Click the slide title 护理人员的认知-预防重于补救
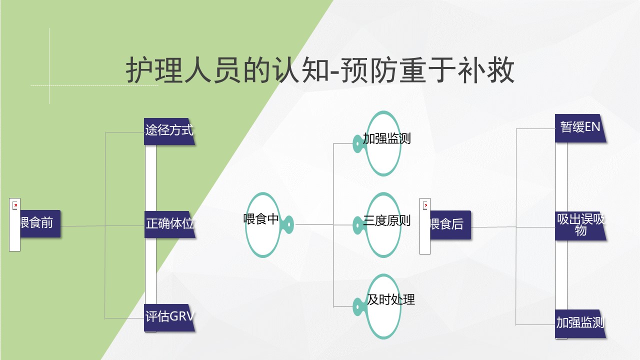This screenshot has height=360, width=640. coord(320,70)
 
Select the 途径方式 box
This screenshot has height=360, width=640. coord(169,131)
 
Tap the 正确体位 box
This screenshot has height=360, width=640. coord(169,224)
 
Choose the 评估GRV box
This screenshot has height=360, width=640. coord(169,317)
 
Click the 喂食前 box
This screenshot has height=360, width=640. coord(40,223)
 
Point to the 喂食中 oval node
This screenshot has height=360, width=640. coord(263,225)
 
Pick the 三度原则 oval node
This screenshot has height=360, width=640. coord(383,225)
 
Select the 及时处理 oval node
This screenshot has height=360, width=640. coord(383,306)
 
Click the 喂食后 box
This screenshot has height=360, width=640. coord(450,225)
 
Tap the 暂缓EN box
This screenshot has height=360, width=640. coord(580,128)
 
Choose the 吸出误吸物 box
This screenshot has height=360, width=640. coord(580,226)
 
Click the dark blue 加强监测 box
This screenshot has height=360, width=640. coord(580,323)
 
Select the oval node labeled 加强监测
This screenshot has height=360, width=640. coord(383,143)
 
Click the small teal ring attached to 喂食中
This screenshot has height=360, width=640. coord(289,224)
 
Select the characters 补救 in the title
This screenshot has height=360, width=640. coord(486,70)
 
